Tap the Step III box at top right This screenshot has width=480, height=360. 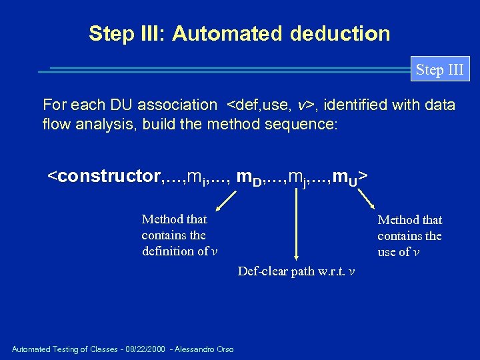coord(439,69)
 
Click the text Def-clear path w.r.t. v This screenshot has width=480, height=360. coord(296,271)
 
